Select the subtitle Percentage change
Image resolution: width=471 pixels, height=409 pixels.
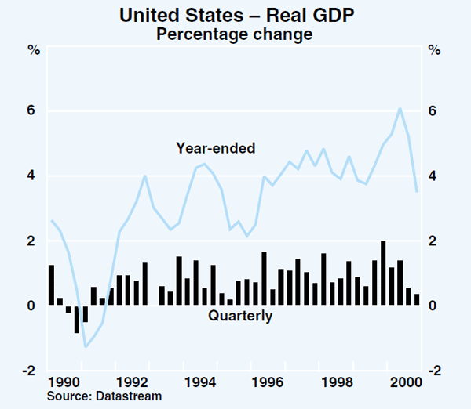coord(235,34)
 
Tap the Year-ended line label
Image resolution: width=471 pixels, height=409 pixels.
coord(216,147)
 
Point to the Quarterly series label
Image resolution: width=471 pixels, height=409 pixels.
coord(240,317)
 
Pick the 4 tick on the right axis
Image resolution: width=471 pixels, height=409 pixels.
coord(433,176)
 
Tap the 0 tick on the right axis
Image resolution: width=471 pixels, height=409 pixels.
coord(433,306)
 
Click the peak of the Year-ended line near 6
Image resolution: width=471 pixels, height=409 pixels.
coord(400,108)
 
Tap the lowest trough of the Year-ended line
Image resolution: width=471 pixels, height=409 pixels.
coord(86,346)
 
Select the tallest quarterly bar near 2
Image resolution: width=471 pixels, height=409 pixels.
coord(383,273)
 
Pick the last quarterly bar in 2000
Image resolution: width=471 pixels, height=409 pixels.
coord(417,299)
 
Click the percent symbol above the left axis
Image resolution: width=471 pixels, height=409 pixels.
coord(34,51)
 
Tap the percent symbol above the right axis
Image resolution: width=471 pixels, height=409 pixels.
coord(434,51)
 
